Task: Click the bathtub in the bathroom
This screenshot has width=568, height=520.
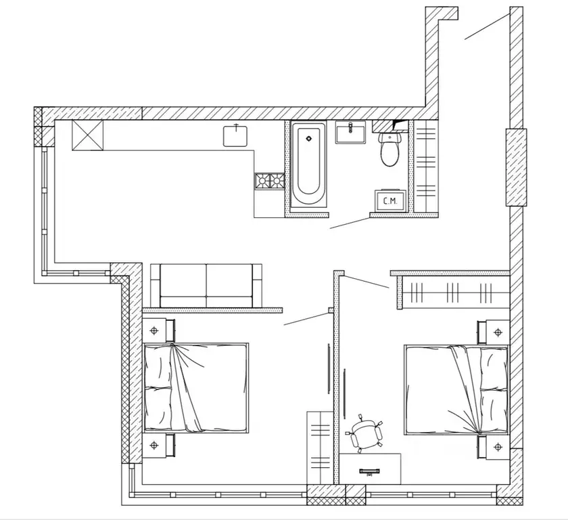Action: click(309, 167)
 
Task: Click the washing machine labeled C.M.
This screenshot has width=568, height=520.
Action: click(389, 201)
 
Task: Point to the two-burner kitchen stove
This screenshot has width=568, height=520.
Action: click(268, 181)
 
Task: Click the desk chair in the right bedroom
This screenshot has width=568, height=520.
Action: click(365, 434)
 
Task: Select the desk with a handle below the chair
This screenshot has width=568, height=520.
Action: click(371, 469)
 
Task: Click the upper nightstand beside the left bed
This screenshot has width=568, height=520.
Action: click(160, 330)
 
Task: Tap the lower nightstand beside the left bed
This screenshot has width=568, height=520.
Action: click(160, 445)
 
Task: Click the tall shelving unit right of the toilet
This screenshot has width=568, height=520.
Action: click(426, 167)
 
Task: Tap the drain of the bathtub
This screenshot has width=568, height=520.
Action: click(309, 139)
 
